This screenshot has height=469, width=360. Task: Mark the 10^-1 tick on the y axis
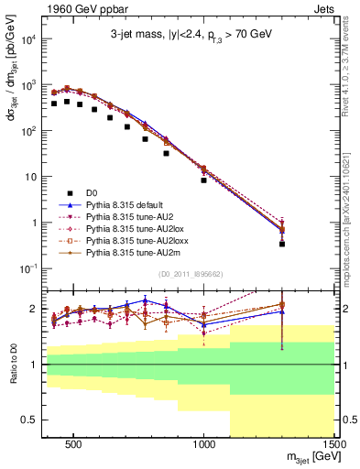tap(31, 267)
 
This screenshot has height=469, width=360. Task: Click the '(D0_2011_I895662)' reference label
tap(191, 274)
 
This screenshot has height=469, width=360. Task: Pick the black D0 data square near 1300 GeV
tap(282, 244)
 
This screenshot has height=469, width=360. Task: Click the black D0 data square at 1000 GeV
tap(204, 180)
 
